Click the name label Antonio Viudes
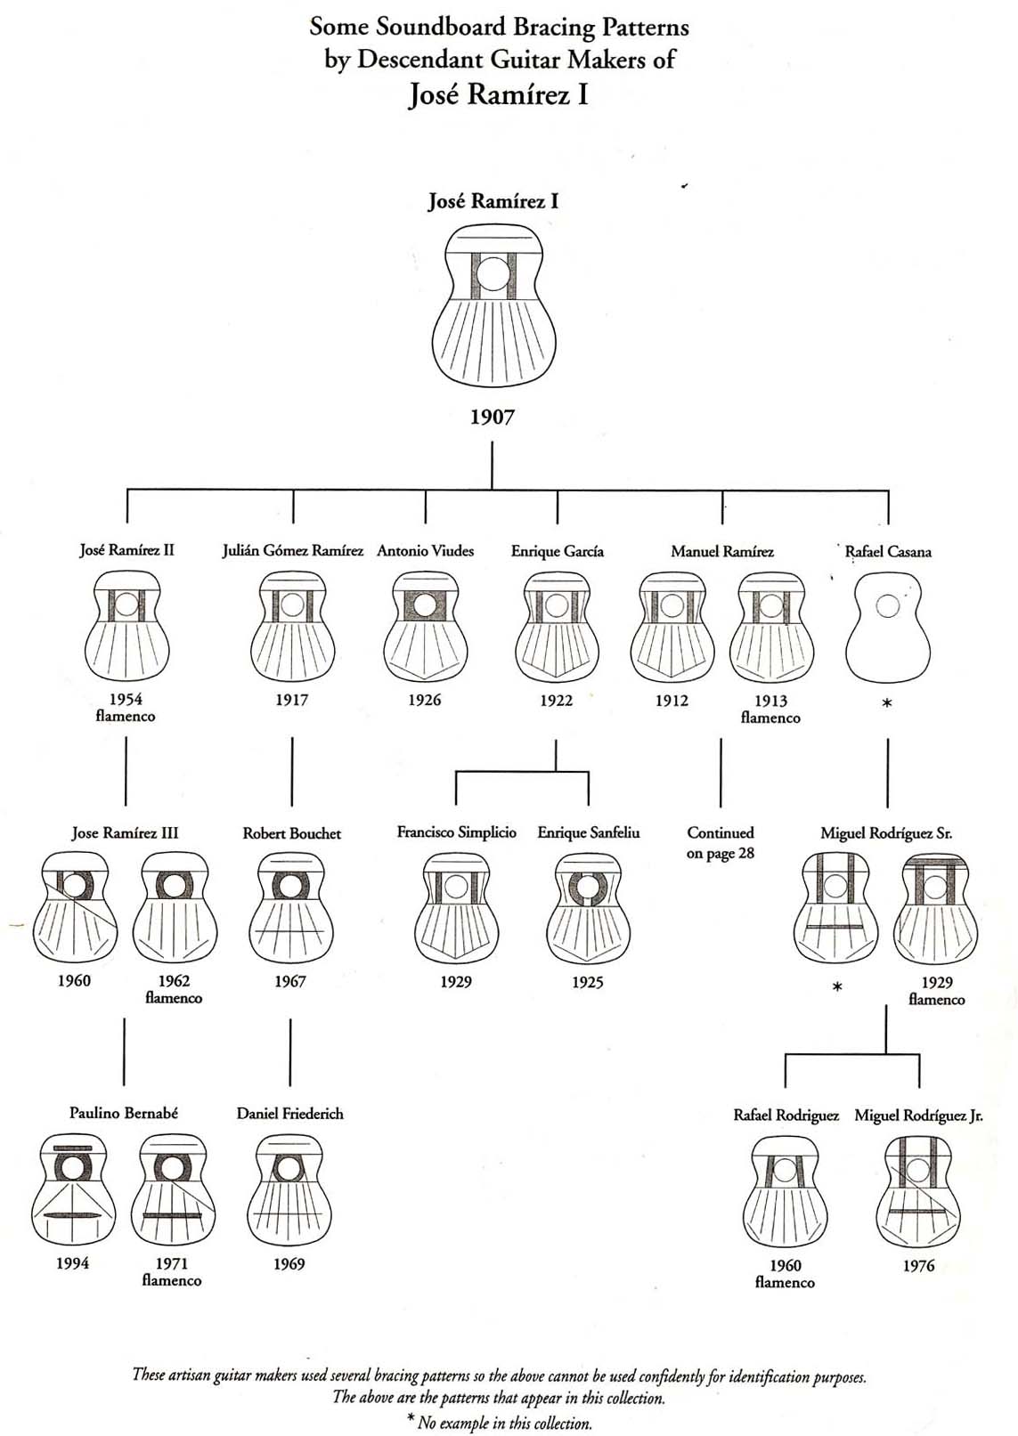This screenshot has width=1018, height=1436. pyautogui.click(x=425, y=551)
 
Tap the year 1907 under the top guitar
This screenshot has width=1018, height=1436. pyautogui.click(x=493, y=417)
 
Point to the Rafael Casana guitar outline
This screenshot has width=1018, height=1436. pyautogui.click(x=887, y=628)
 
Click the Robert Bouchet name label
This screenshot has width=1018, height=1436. pyautogui.click(x=291, y=833)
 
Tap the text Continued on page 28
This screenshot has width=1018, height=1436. pyautogui.click(x=721, y=843)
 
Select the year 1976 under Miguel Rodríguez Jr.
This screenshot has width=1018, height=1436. pyautogui.click(x=918, y=1266)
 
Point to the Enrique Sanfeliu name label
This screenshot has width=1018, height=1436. pyautogui.click(x=588, y=833)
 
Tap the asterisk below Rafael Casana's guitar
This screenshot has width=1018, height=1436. pyautogui.click(x=887, y=703)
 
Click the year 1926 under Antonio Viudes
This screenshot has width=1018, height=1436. pyautogui.click(x=425, y=700)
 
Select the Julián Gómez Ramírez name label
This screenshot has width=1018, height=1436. pyautogui.click(x=292, y=551)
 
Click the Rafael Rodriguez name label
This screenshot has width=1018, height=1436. pyautogui.click(x=786, y=1116)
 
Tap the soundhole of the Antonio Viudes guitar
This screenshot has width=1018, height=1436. pyautogui.click(x=424, y=605)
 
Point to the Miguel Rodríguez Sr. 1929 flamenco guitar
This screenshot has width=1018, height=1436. pyautogui.click(x=936, y=908)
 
